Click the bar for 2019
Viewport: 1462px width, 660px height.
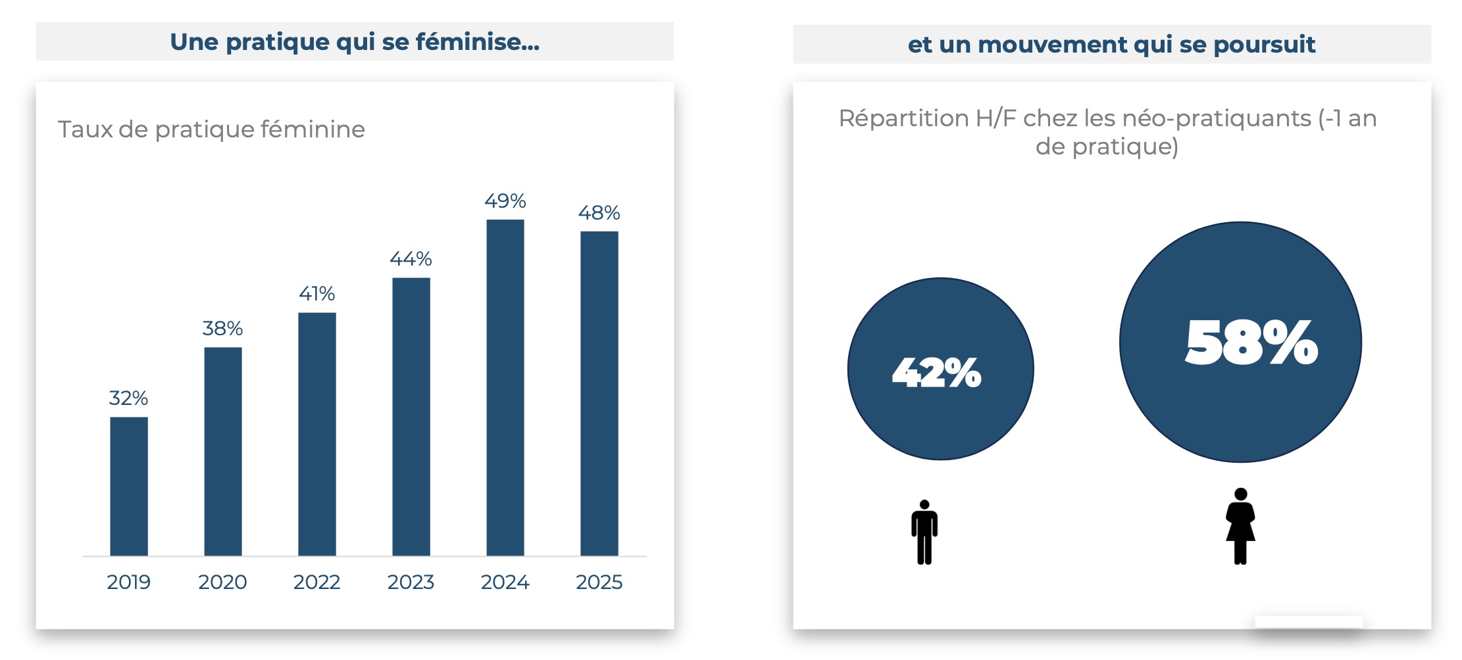point(129,486)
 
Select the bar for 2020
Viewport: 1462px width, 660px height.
point(223,452)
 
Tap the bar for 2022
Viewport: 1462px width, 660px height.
point(317,434)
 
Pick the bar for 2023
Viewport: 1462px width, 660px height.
point(411,417)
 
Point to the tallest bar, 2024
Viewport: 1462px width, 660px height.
point(505,388)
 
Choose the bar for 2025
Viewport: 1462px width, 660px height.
point(599,393)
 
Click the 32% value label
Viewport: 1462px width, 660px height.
point(128,398)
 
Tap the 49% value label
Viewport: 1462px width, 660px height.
point(505,201)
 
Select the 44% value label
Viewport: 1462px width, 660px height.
point(411,259)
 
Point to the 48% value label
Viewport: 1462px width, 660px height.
point(599,213)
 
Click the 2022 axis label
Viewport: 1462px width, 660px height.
point(316,582)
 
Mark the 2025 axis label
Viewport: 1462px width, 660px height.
point(599,582)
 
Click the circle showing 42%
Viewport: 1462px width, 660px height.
point(941,369)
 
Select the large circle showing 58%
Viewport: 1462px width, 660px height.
point(1240,342)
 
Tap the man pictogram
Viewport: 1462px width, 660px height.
point(924,532)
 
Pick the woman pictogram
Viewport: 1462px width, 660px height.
point(1240,527)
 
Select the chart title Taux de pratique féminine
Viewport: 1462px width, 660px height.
point(211,130)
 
